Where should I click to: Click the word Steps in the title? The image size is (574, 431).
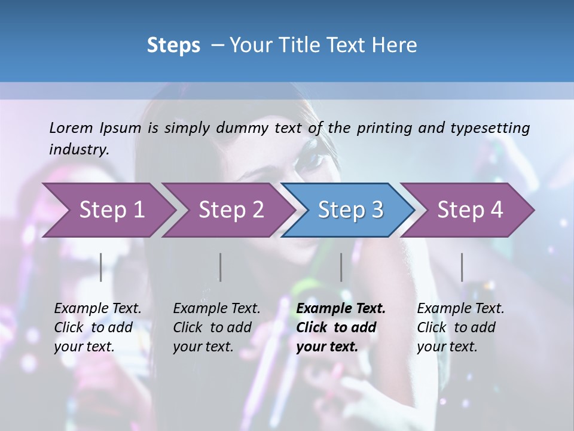coord(173,45)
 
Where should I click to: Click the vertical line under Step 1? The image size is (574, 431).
coord(101,267)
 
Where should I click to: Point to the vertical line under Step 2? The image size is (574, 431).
coord(221,267)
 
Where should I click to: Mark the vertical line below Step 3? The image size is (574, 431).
coord(341,267)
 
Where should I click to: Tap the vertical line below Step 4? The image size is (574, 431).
coord(462,267)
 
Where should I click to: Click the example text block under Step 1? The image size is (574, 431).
coord(97,327)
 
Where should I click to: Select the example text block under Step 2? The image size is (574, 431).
coord(216,327)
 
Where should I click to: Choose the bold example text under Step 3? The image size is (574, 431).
coord(341,327)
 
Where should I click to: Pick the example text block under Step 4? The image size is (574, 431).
coord(460,327)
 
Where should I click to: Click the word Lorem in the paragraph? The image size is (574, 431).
coord(71,128)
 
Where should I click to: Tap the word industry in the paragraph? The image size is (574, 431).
coord(78,149)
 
